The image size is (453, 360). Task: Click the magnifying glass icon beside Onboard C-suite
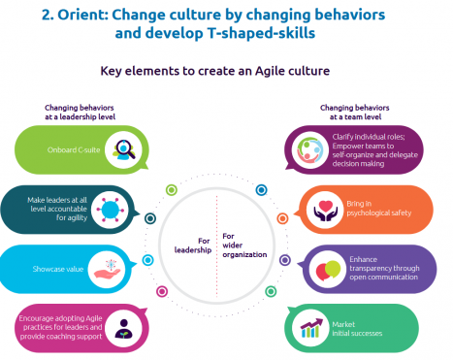[123, 149]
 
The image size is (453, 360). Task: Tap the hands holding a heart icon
[325, 211]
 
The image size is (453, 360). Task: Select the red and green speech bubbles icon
[328, 270]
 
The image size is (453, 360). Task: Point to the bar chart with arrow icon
[311, 328]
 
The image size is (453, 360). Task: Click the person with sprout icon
[123, 329]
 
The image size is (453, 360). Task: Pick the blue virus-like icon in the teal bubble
[110, 210]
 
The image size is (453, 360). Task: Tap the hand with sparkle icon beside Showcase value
[108, 269]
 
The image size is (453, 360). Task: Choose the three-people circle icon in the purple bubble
[309, 149]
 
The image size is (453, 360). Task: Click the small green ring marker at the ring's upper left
[172, 190]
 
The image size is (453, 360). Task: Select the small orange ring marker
[282, 218]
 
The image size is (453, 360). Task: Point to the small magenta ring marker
[162, 291]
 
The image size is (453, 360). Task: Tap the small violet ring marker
[285, 260]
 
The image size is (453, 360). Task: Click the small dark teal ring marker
[150, 218]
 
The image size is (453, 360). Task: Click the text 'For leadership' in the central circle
[193, 245]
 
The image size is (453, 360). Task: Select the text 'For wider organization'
[244, 245]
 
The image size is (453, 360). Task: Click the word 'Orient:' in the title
[82, 15]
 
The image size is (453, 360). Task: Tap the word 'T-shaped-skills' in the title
[261, 33]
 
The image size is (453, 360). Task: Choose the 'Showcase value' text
[58, 269]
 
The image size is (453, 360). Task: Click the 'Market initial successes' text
[357, 329]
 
